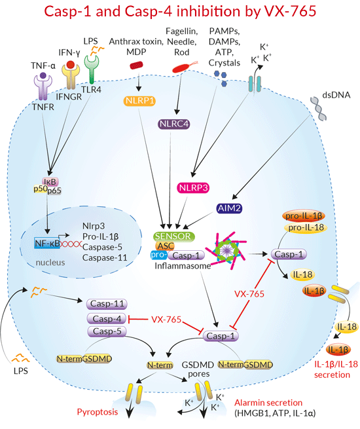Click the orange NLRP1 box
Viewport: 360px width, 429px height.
click(x=139, y=101)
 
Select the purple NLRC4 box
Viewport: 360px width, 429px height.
click(x=174, y=124)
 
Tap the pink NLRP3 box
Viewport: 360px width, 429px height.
click(x=193, y=188)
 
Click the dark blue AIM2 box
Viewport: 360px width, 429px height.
click(x=229, y=208)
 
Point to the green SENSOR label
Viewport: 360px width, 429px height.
click(x=174, y=236)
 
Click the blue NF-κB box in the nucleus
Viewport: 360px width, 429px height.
click(x=47, y=243)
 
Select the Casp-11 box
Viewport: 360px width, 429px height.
click(x=107, y=304)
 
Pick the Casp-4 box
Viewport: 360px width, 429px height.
click(x=106, y=318)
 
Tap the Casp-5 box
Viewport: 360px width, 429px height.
click(x=107, y=331)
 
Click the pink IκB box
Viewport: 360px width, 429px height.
click(x=50, y=181)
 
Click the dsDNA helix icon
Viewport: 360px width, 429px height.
click(x=319, y=108)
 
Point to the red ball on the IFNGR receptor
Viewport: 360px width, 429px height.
click(x=71, y=65)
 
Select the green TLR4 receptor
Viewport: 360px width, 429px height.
click(x=91, y=69)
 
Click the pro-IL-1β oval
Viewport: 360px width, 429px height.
click(x=304, y=216)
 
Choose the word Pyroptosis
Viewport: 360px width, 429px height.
click(x=98, y=412)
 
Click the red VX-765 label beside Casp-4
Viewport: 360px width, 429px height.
click(x=166, y=319)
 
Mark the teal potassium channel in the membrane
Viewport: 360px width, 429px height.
click(x=255, y=84)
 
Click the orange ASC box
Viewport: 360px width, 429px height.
click(x=166, y=246)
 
